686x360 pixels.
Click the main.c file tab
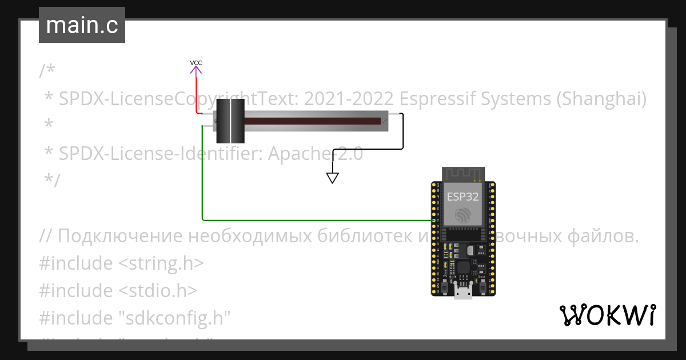82,26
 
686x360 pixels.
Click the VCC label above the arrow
196,62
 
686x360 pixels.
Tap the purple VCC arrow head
196,70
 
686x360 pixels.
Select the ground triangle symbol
333,178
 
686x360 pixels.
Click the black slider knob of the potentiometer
230,121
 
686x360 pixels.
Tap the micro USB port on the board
463,293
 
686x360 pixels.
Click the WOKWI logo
607,315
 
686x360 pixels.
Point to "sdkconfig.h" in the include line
178,317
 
